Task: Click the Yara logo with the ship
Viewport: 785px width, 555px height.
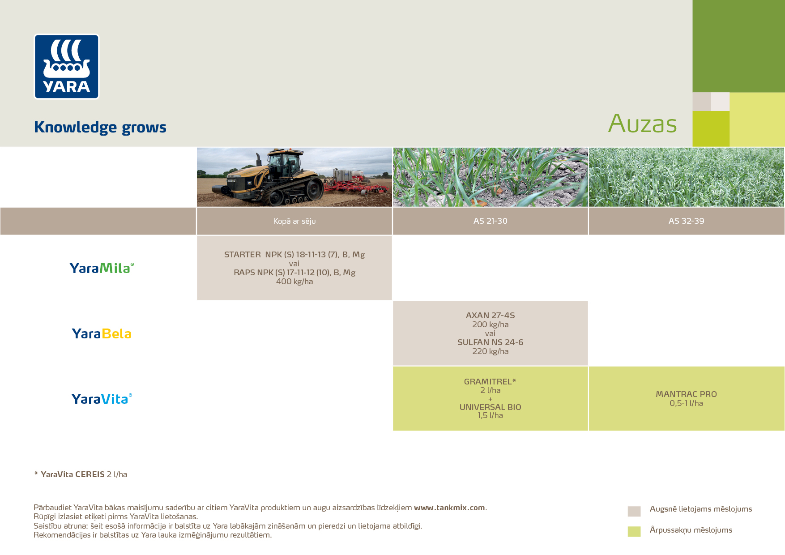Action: tap(67, 66)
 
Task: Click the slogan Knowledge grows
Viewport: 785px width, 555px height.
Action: tap(100, 127)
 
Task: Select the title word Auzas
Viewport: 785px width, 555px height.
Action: tap(642, 124)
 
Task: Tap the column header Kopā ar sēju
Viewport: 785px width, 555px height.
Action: tap(294, 221)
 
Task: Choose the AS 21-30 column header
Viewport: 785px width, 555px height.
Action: tap(490, 221)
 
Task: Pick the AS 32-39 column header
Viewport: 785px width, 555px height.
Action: tap(686, 221)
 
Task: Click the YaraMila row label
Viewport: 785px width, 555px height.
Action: tap(102, 268)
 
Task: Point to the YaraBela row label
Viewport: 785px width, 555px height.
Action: tap(102, 333)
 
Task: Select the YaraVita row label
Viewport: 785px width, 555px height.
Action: tap(102, 399)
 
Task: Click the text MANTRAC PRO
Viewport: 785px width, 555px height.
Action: tap(686, 394)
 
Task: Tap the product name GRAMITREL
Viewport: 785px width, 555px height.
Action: tap(487, 382)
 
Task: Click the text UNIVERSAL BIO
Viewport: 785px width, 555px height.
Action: tap(490, 407)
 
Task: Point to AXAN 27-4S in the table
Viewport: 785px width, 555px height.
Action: tap(490, 316)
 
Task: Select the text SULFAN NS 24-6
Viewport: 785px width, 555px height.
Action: tap(490, 342)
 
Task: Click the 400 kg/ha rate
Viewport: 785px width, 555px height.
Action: tap(294, 282)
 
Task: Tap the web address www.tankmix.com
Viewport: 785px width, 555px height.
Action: tap(449, 508)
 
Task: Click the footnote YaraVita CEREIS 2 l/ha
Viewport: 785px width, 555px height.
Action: tap(84, 474)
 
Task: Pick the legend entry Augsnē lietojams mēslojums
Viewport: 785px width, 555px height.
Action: tap(701, 509)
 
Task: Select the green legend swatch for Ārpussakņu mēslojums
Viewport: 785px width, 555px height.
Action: tap(634, 531)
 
